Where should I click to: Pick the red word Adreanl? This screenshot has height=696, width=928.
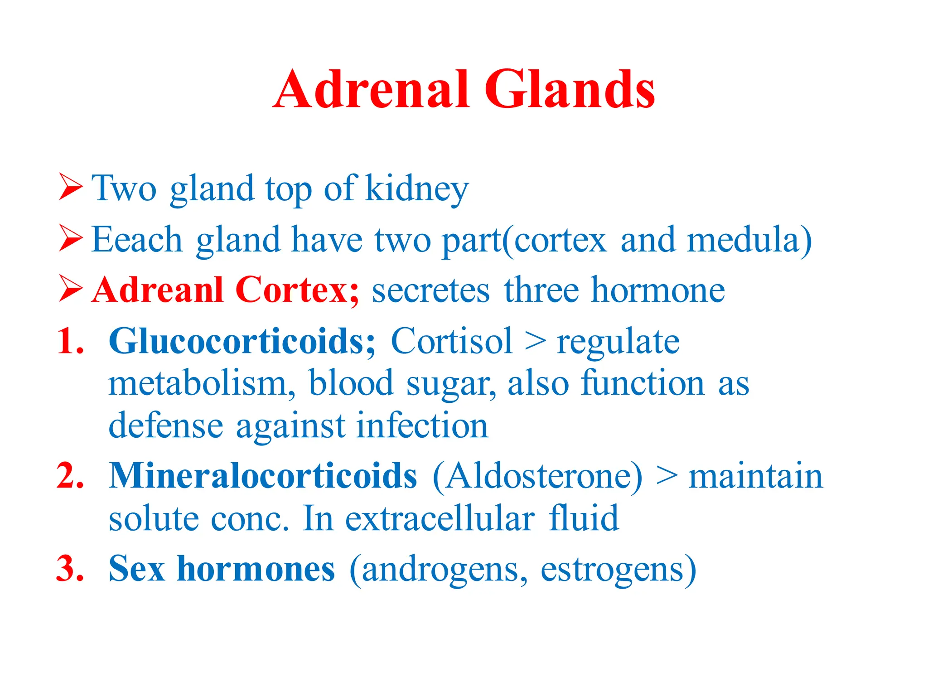158,290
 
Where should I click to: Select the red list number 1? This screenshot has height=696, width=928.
71,341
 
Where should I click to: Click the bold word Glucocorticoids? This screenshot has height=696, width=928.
242,341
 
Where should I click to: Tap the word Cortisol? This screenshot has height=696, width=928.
451,341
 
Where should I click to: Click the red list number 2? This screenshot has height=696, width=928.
71,476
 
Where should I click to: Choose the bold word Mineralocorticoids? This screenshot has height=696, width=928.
263,476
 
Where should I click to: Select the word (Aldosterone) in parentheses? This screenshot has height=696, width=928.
537,477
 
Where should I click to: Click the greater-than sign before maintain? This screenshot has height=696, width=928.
667,477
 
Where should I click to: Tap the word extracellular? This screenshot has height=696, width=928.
440,518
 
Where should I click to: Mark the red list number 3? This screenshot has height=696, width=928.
71,568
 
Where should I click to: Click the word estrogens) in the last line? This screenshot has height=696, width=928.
618,570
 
